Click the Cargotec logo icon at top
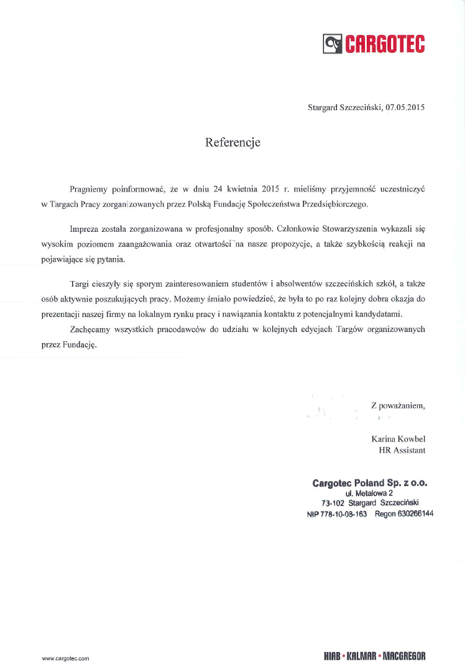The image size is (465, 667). point(333,44)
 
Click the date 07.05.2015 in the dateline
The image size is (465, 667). point(405,108)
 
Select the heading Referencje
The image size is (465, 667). point(233,143)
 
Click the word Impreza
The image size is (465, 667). point(85,229)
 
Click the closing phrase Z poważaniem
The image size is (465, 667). point(398,405)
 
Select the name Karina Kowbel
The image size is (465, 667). point(398,439)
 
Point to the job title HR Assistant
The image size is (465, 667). point(402,450)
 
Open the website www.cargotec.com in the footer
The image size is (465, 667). point(66,658)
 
